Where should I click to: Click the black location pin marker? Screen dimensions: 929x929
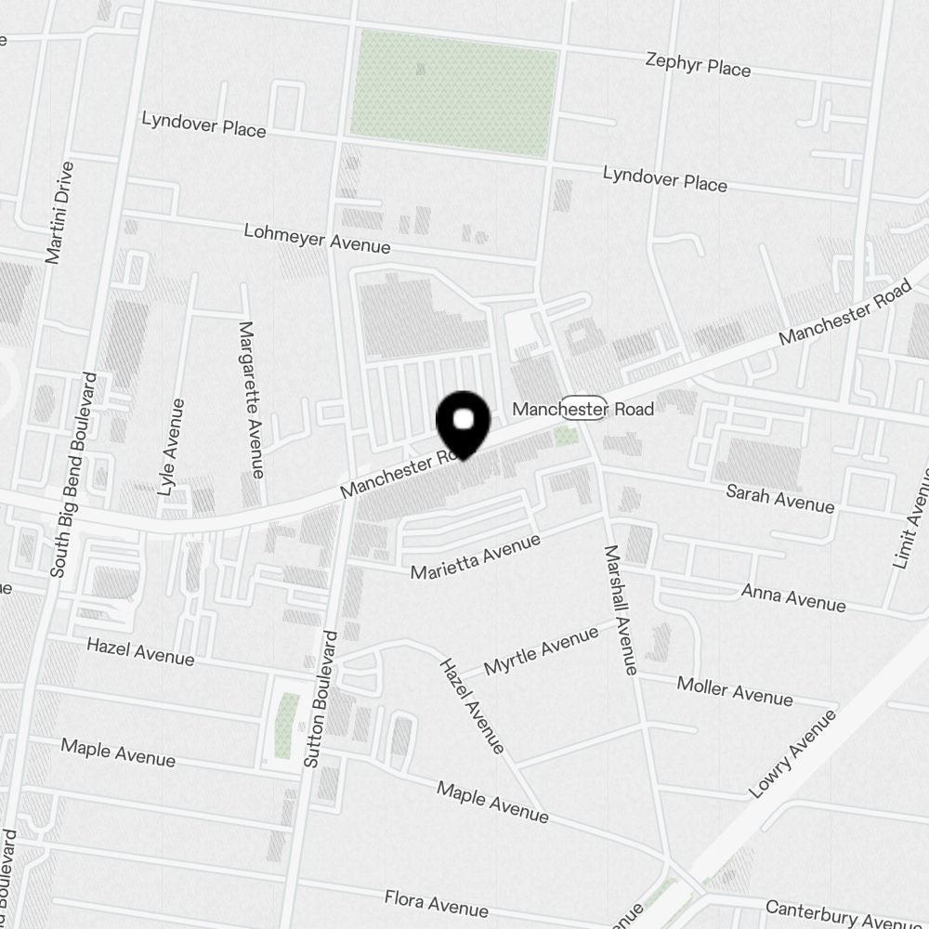coord(463,424)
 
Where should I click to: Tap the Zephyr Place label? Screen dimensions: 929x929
coord(698,65)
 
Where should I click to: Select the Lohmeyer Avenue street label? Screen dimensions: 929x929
coord(317,239)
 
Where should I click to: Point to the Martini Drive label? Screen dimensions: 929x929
coord(59,212)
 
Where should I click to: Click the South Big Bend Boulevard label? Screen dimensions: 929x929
coord(74,475)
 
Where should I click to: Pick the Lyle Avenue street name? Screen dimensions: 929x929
coord(172,447)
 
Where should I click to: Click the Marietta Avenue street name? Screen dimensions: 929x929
coord(475,556)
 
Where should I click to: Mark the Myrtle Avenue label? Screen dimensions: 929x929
coord(541,651)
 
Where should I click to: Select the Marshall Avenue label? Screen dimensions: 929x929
coord(621,608)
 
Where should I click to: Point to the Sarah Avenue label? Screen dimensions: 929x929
coord(780,498)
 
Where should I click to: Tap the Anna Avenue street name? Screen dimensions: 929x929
coord(792,596)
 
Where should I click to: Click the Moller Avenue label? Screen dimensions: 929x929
coord(735,690)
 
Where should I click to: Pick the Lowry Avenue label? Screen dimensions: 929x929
coord(792,753)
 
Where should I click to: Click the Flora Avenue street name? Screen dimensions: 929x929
coord(437,901)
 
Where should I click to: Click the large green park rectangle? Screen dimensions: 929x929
coord(454,93)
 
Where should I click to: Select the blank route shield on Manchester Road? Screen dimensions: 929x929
coord(586,410)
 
